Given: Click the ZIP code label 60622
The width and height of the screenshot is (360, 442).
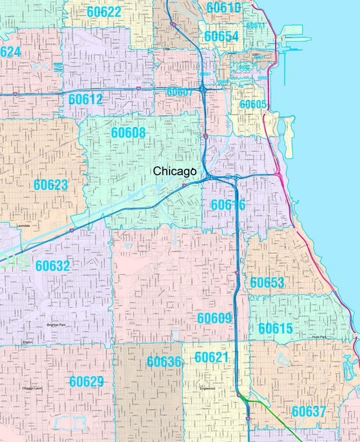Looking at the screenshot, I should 104,12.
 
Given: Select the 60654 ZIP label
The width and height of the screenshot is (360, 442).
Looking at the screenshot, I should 221,37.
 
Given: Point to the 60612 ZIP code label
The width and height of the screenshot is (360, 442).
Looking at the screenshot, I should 85,99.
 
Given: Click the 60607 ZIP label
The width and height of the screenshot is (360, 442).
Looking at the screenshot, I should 179,92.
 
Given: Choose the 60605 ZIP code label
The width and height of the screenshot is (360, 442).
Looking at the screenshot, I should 253,105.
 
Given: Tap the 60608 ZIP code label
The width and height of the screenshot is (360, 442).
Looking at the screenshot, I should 128,133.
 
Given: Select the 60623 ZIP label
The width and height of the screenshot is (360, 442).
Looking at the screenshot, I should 51,185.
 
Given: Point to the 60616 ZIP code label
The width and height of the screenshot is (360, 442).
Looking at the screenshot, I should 228,204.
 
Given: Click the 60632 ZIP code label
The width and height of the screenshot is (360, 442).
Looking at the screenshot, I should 52,266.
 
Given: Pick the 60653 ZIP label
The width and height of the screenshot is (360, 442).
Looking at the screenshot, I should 267,282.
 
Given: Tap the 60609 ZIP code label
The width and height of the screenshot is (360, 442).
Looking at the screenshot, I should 214,318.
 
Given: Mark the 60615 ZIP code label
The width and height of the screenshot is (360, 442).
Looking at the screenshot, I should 275,329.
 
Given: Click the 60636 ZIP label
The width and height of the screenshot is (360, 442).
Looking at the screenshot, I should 164,362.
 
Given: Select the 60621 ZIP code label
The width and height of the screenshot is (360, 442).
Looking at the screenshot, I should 212,357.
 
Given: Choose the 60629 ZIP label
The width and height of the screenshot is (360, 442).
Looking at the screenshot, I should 87,382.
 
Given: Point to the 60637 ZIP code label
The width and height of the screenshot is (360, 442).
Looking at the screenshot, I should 309,412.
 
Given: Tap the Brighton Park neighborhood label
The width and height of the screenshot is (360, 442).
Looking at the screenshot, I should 56,325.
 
